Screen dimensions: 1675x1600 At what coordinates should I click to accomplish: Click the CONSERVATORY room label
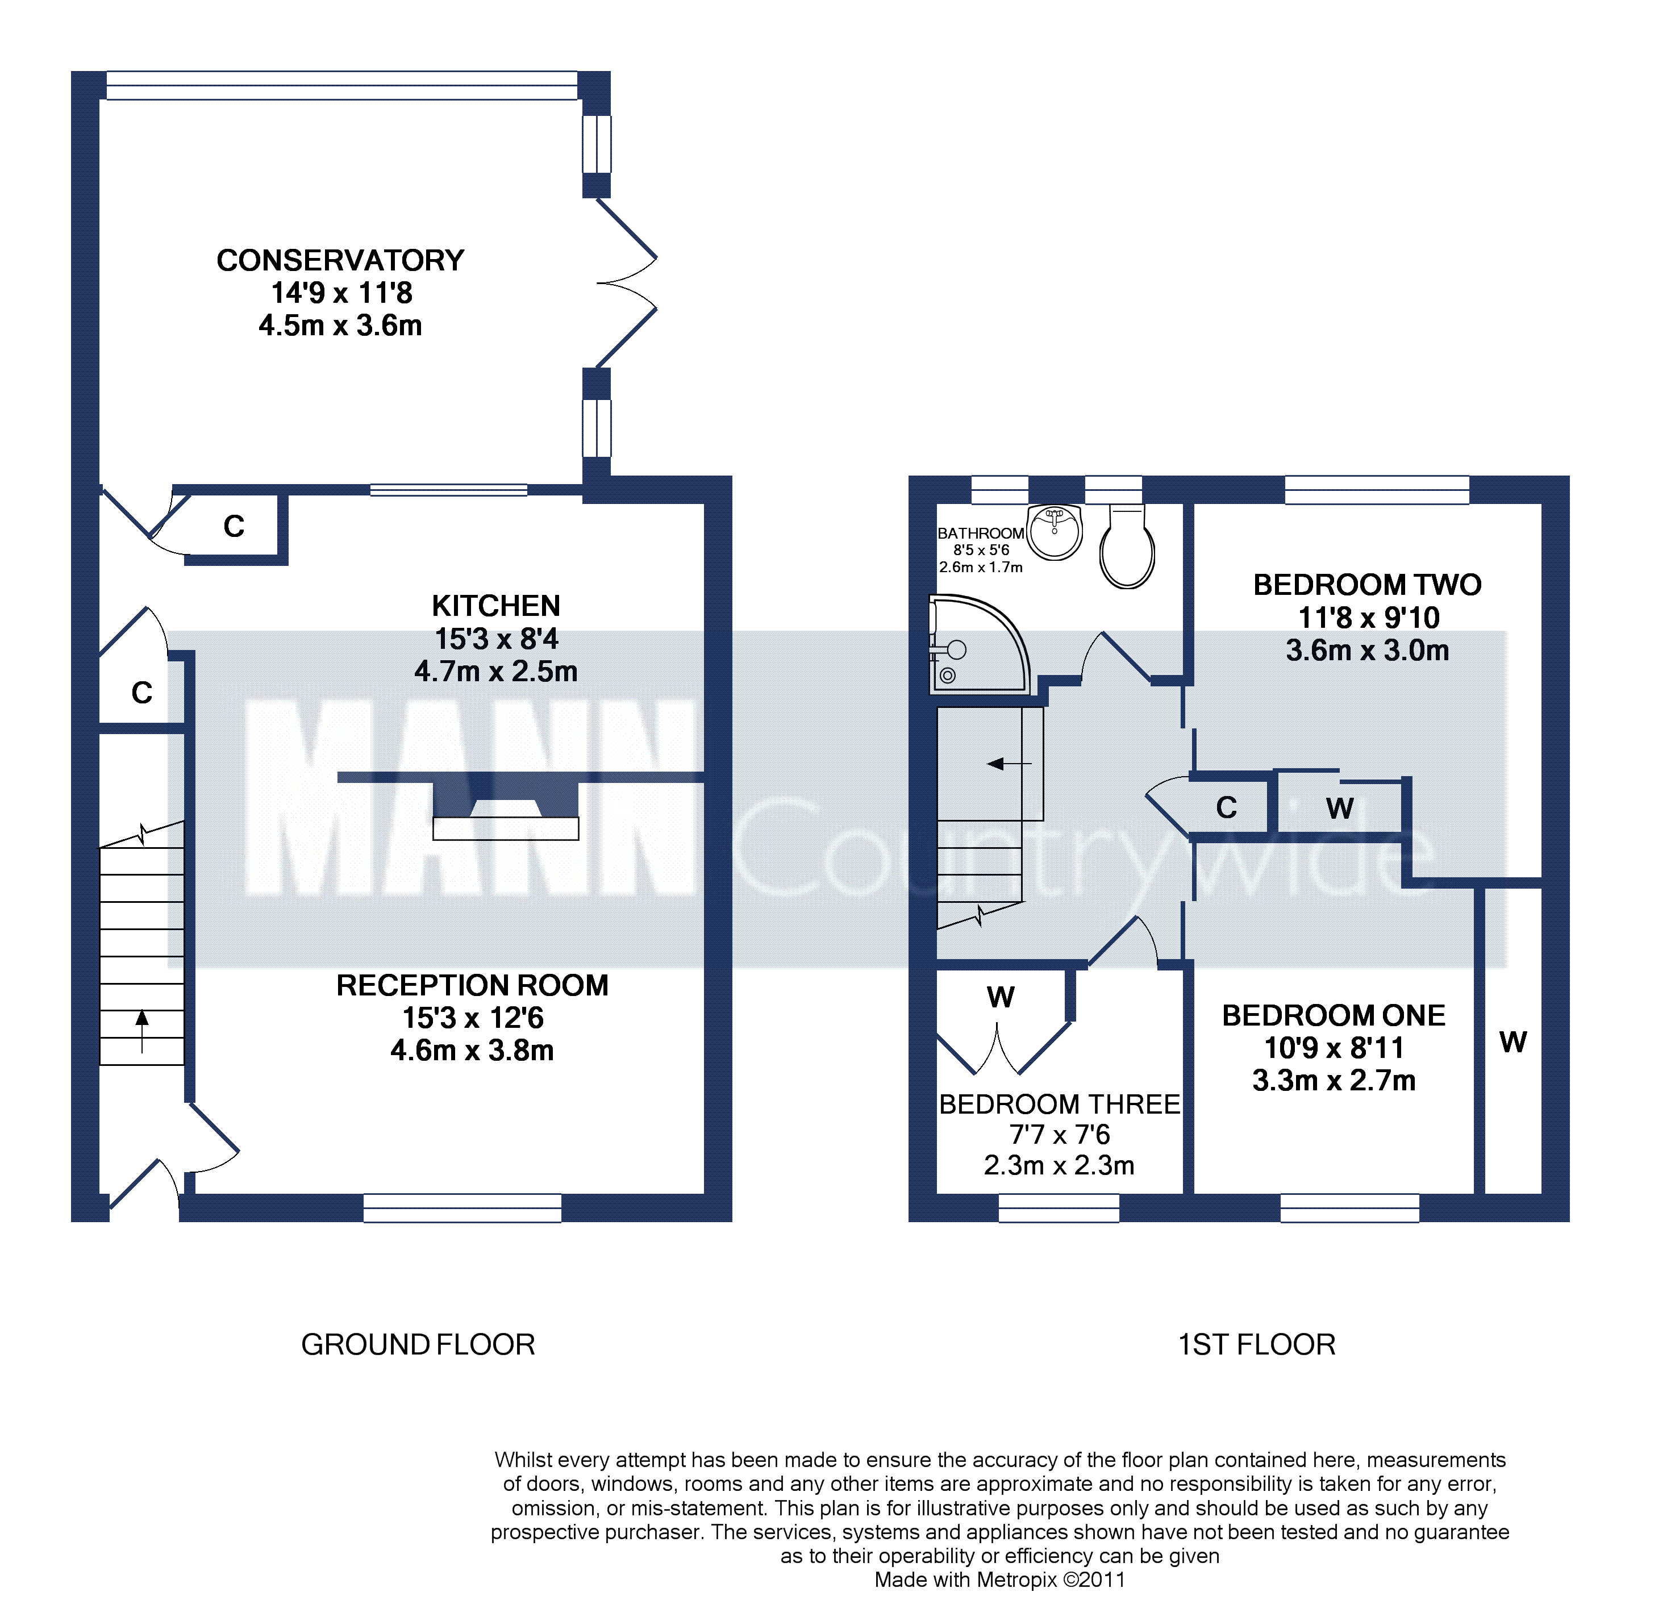click(340, 260)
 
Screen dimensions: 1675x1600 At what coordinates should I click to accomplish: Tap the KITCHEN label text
click(495, 606)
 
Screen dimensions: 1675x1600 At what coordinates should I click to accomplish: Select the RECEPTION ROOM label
click(473, 985)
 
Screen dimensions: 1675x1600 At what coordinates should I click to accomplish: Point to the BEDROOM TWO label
click(1367, 585)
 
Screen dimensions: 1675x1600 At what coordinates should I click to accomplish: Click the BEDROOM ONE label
click(1334, 1016)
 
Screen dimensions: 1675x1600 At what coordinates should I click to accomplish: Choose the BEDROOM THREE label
click(1059, 1105)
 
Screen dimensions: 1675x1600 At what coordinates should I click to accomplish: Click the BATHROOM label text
click(981, 533)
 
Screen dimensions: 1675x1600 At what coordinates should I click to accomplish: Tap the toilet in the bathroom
click(1127, 546)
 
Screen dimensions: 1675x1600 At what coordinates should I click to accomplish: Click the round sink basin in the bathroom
click(1055, 531)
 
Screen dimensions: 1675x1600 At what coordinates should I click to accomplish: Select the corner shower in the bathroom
click(979, 645)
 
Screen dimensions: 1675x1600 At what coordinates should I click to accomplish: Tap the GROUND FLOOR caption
click(418, 1345)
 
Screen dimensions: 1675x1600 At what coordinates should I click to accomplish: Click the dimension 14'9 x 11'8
click(341, 293)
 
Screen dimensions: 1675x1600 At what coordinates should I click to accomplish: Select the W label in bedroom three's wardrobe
click(1001, 997)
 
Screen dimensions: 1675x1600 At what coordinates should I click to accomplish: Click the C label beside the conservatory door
click(234, 526)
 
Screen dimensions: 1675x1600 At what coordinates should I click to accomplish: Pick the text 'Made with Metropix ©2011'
click(999, 1580)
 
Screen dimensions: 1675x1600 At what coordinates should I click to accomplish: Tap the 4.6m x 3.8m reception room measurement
click(473, 1050)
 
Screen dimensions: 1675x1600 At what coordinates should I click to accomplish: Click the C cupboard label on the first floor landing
click(1226, 808)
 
